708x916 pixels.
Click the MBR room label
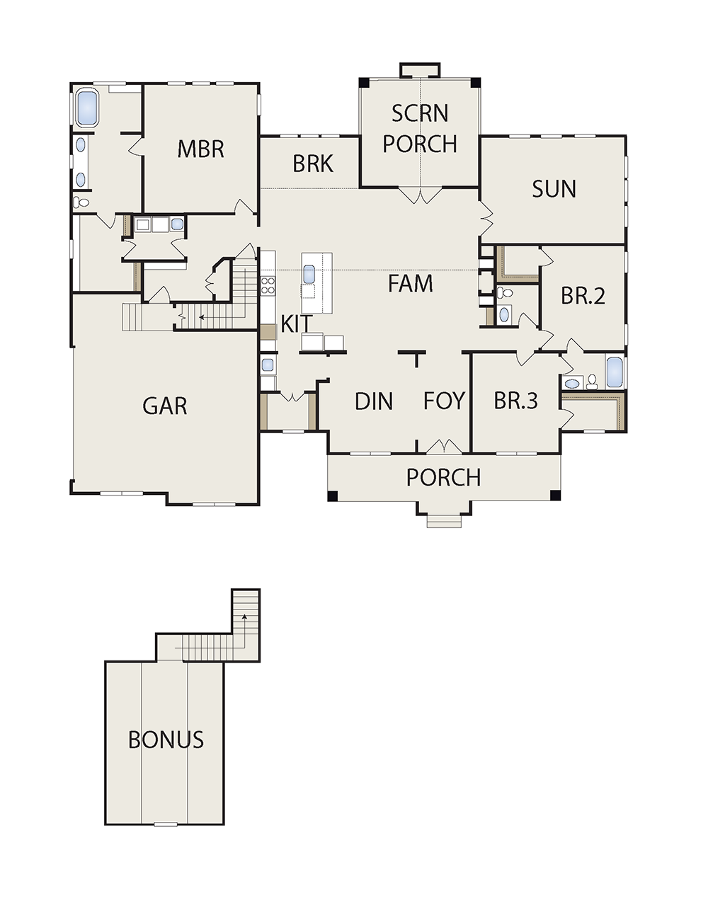point(200,149)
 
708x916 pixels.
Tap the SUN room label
point(554,189)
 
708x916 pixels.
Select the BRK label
point(313,164)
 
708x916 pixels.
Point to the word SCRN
point(420,113)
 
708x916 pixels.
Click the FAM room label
point(410,283)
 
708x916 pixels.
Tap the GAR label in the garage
point(165,406)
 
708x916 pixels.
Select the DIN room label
point(374,401)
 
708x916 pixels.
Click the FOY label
point(444,401)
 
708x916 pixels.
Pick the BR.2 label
point(583,296)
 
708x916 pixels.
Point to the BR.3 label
point(516,401)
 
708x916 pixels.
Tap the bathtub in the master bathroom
point(87,108)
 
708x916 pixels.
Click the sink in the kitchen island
point(310,275)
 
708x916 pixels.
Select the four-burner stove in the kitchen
point(268,285)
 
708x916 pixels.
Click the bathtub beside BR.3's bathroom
point(615,372)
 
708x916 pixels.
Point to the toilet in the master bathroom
point(81,202)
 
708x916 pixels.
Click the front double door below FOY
point(444,447)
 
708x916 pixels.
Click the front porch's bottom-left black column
point(333,496)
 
